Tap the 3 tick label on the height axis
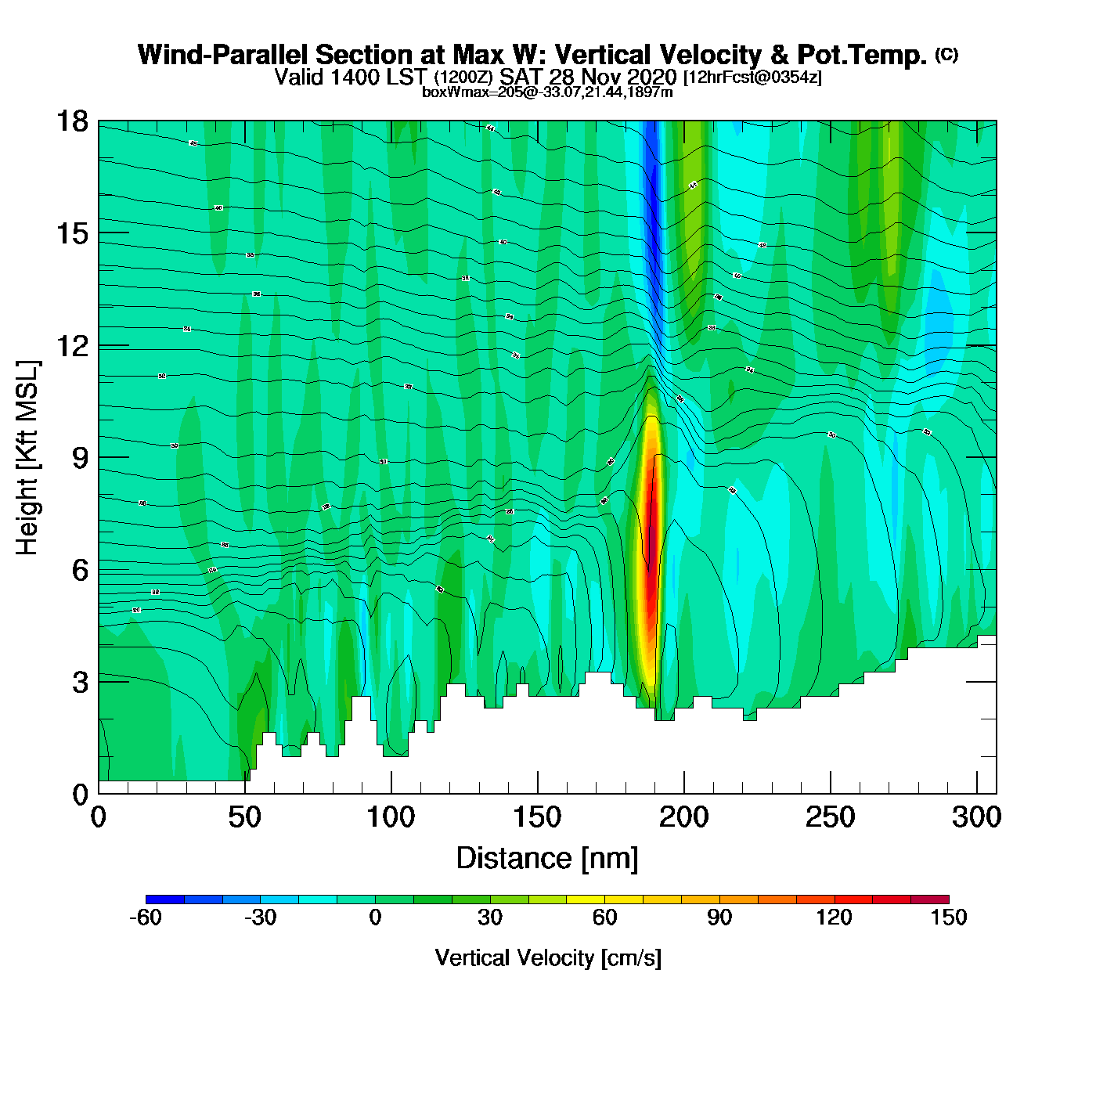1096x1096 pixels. pos(81,682)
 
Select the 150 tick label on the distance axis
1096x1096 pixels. pos(537,818)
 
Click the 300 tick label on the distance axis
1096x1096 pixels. pos(976,818)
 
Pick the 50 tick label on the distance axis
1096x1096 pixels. pos(244,818)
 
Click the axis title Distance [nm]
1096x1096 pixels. pos(547,859)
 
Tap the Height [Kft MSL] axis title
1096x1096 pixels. pos(27,458)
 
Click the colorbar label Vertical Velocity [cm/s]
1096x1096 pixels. pos(548,957)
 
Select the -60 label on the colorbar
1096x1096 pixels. pos(146,918)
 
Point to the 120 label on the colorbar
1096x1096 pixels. pos(834,918)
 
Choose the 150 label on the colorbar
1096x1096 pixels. pos(949,918)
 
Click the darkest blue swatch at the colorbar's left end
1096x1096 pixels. pos(165,900)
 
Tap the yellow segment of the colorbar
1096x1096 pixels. pos(586,900)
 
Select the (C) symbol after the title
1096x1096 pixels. pos(946,54)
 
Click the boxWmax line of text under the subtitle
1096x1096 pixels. pos(547,92)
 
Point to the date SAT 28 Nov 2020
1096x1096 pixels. pos(588,77)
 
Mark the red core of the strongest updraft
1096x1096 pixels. pos(649,571)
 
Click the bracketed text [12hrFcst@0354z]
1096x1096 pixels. pos(752,78)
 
